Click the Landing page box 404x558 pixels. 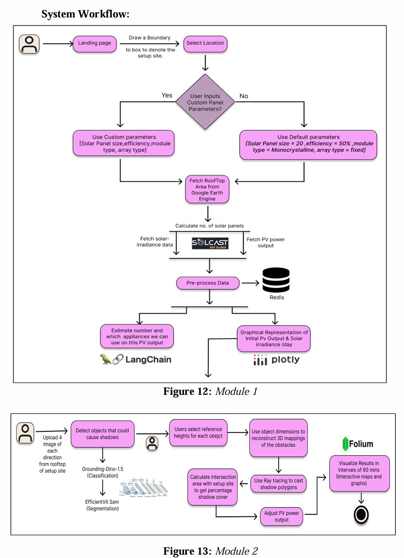[x=94, y=43]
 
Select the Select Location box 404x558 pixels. [x=205, y=43]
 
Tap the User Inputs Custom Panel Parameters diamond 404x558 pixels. [x=205, y=102]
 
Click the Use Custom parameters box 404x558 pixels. [x=124, y=144]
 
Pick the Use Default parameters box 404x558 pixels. [x=308, y=144]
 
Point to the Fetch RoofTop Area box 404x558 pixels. [x=207, y=190]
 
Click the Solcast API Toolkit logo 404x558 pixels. [x=210, y=243]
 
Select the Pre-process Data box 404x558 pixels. [x=208, y=283]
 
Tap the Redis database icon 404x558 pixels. [x=276, y=280]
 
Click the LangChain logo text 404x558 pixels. [x=148, y=360]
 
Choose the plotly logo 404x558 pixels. [x=277, y=360]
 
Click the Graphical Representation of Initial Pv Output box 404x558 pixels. [x=274, y=339]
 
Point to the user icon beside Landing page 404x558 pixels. [x=29, y=44]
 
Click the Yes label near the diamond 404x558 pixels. [x=167, y=95]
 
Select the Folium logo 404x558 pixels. [x=358, y=444]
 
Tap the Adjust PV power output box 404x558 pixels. [x=282, y=516]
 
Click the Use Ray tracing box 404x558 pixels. [x=279, y=484]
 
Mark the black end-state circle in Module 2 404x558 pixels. [x=361, y=515]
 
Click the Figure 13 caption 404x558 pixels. [x=210, y=551]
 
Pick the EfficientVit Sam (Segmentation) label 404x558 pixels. [x=102, y=505]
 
